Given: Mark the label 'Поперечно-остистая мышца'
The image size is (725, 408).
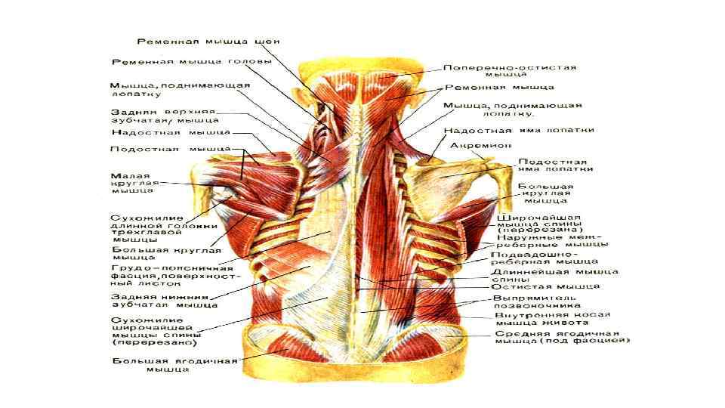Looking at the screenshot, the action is (x=510, y=71).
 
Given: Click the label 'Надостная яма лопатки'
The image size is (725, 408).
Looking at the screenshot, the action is (x=517, y=130).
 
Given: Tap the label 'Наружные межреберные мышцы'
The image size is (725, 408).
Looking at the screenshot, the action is (x=552, y=241).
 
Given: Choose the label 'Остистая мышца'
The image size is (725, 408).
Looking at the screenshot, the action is (x=545, y=287).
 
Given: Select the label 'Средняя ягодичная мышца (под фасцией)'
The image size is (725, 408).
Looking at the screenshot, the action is (x=562, y=337).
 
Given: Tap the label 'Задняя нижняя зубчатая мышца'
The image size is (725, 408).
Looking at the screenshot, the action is (x=165, y=301).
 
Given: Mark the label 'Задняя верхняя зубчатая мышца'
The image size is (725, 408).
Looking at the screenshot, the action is (x=165, y=115).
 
